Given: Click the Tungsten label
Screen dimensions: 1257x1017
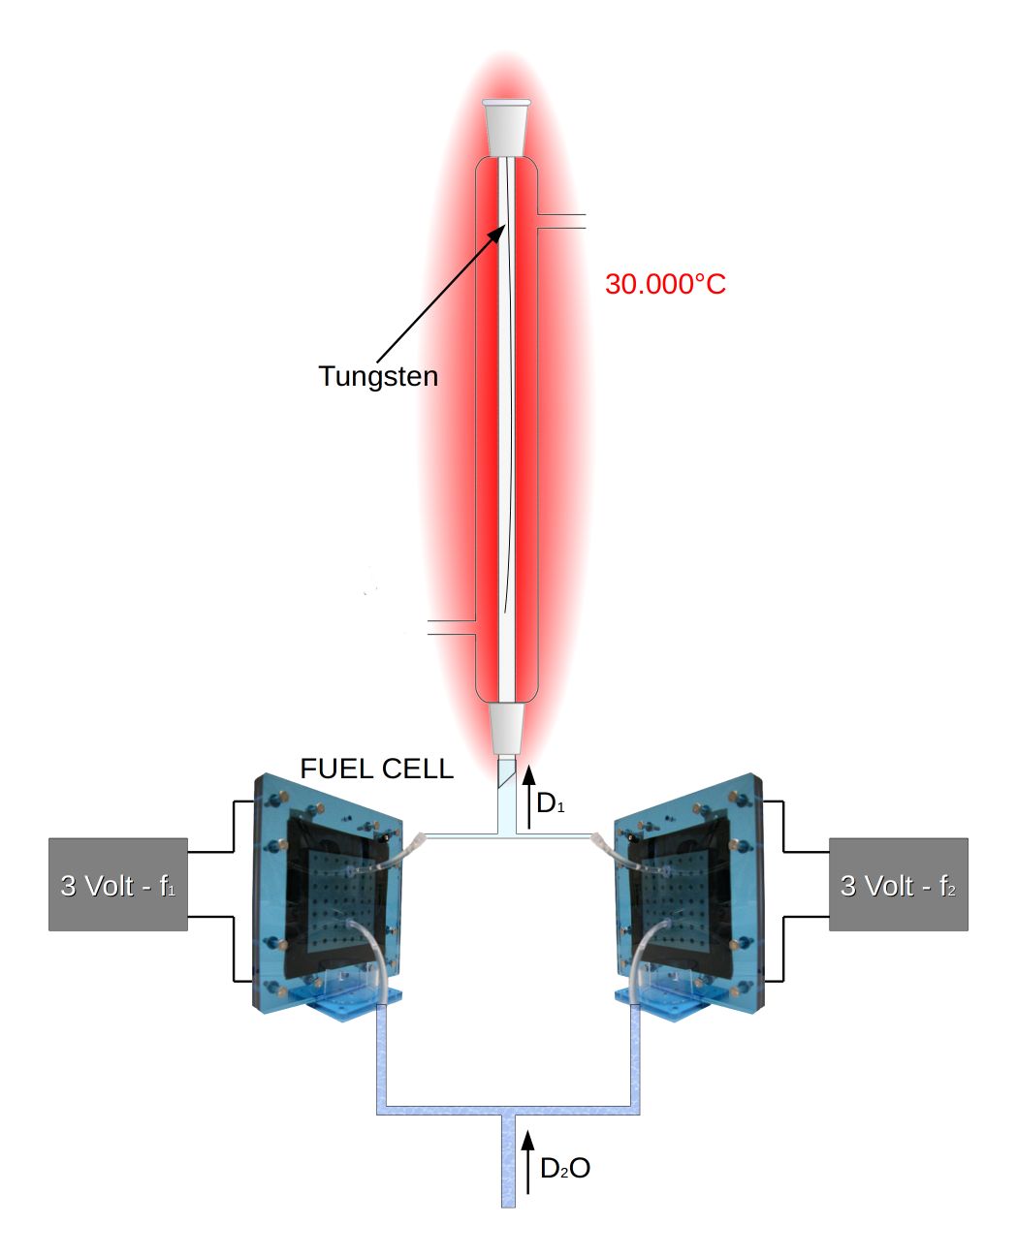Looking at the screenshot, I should click(x=378, y=376).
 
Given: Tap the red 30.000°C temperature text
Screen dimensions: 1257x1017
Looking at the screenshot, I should click(x=665, y=284).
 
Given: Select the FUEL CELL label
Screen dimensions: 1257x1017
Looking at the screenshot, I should click(x=376, y=769).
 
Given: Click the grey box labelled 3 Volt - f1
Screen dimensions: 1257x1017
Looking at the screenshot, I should click(x=118, y=885).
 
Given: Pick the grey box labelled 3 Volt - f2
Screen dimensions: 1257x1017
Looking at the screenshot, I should click(x=898, y=885).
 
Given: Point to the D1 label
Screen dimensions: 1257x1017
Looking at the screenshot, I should click(x=550, y=803).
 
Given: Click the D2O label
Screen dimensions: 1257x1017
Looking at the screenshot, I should click(x=565, y=1169).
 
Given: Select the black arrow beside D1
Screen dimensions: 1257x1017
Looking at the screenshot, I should click(x=528, y=797).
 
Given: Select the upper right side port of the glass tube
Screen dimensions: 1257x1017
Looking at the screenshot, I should click(x=562, y=221).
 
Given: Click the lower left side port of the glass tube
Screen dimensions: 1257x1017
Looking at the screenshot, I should click(x=451, y=628).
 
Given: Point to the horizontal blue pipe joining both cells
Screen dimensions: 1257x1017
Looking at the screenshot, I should click(x=508, y=1108).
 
